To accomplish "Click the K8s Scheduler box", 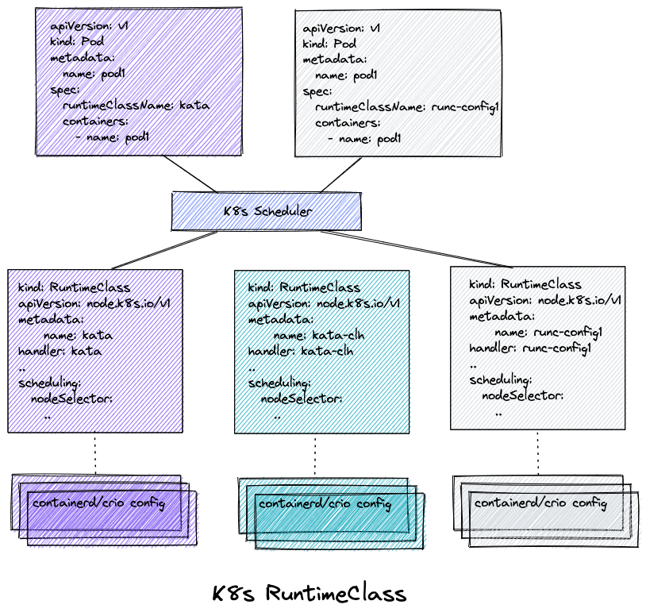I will [267, 212].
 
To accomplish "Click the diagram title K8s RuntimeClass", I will [309, 594].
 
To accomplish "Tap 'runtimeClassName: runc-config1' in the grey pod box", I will [406, 107].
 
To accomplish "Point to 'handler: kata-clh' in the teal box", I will [301, 351].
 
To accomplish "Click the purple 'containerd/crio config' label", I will [98, 503].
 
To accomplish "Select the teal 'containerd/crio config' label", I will [325, 504].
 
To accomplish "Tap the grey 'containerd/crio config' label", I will [540, 503].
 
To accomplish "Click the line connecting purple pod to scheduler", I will [189, 173].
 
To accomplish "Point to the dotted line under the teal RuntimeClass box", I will [315, 455].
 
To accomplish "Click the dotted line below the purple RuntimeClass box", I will [96, 453].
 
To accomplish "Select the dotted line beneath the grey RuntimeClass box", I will [538, 452].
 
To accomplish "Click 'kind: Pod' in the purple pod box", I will [74, 41].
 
